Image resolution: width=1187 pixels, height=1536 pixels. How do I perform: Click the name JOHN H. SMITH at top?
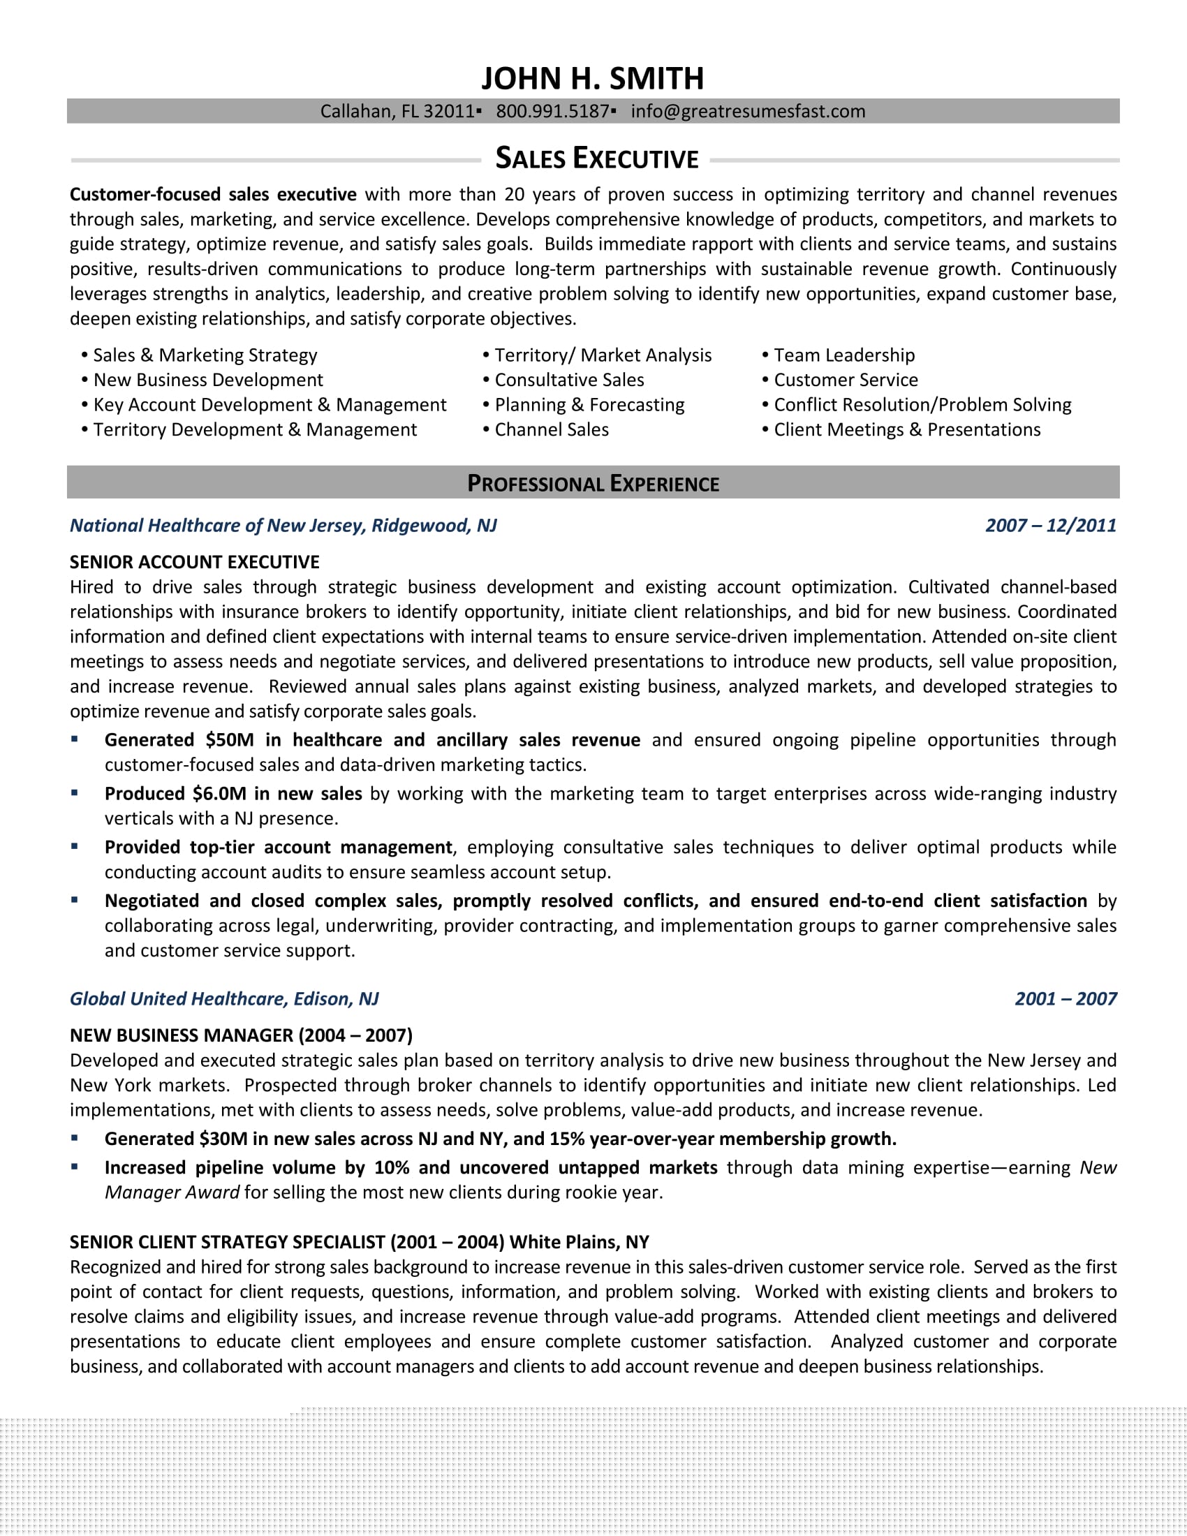coord(592,79)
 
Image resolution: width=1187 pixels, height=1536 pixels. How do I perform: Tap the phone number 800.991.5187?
coord(552,111)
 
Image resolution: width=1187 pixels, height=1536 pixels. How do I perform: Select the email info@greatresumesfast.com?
coord(748,111)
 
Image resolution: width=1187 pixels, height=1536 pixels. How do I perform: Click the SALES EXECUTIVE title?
coord(596,159)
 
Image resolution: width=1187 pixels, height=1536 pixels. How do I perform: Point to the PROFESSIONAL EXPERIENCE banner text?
coord(593,483)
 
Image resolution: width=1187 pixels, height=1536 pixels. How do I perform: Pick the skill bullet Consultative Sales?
coord(569,380)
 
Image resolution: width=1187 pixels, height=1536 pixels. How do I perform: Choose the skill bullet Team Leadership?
coord(844,355)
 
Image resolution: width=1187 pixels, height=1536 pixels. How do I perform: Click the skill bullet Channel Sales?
coord(552,429)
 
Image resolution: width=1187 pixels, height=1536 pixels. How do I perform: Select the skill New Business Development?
coord(208,380)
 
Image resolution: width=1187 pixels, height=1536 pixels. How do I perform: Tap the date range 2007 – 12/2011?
coord(1051,525)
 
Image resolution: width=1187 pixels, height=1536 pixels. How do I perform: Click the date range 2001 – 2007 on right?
coord(1066,998)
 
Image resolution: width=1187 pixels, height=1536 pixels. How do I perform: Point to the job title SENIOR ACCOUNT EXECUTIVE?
coord(194,562)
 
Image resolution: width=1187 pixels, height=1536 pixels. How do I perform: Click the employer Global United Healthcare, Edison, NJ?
coord(223,998)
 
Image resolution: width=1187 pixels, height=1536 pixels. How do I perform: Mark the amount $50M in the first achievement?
coord(229,740)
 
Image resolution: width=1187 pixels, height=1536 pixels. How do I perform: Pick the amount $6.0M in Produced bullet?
coord(219,793)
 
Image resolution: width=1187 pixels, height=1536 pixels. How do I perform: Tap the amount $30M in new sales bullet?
coord(223,1139)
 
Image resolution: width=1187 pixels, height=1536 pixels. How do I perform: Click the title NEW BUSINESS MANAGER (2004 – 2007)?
coord(240,1035)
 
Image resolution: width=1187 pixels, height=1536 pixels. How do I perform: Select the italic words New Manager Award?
coord(172,1192)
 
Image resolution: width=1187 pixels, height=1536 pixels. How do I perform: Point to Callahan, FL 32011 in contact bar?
coord(397,111)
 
